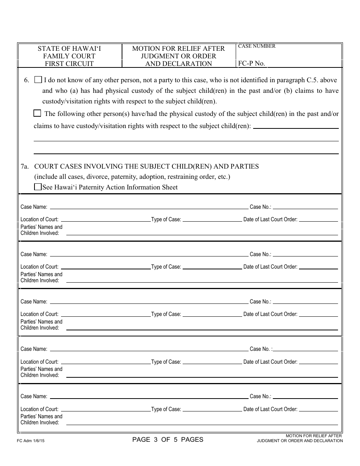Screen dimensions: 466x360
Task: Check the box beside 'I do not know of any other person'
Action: click(x=38, y=80)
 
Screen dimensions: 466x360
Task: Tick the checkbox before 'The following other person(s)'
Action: click(x=37, y=113)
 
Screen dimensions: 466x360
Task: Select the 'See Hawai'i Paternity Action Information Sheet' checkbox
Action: click(x=38, y=187)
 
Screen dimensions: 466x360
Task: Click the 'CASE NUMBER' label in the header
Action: click(x=257, y=46)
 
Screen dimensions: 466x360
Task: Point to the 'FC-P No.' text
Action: click(x=251, y=63)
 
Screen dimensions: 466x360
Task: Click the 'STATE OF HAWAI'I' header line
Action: click(x=69, y=48)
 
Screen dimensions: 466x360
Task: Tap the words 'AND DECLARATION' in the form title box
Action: click(x=178, y=64)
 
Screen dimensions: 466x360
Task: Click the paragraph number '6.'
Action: click(x=27, y=80)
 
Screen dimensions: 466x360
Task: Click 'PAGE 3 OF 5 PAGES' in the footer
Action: click(x=168, y=439)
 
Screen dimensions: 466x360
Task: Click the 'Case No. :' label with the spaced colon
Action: click(x=261, y=349)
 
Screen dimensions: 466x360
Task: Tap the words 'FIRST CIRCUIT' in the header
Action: click(x=69, y=64)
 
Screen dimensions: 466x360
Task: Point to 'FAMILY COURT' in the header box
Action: click(x=69, y=56)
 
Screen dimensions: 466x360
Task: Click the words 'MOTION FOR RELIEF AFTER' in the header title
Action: click(x=178, y=48)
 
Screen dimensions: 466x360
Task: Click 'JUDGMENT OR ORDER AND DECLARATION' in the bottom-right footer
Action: click(x=300, y=441)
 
